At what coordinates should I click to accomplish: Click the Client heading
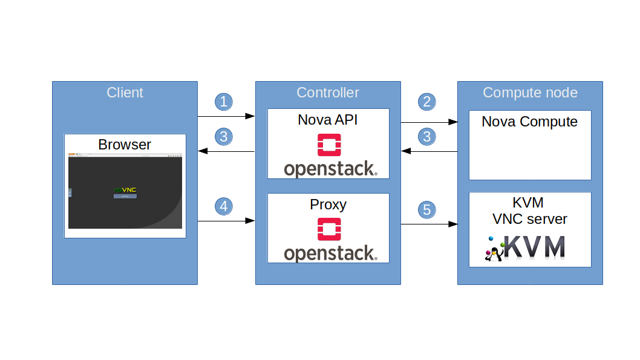125,93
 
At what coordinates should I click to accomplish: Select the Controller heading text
327,93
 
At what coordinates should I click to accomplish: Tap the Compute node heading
530,93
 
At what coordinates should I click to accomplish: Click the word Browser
125,145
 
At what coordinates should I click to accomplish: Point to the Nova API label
327,120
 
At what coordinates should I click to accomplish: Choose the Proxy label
327,205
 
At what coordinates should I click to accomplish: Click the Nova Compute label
529,122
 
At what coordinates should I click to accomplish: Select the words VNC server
529,218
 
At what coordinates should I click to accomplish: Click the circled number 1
224,101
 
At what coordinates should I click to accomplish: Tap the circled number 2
427,101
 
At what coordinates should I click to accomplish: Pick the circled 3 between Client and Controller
224,136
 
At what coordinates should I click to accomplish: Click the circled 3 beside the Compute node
427,136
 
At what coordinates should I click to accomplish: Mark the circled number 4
224,206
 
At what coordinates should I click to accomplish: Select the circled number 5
427,210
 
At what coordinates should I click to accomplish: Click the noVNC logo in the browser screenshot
125,190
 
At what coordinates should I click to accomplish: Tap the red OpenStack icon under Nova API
328,145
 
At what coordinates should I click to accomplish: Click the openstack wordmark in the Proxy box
330,254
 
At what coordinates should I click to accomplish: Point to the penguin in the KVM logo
493,254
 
